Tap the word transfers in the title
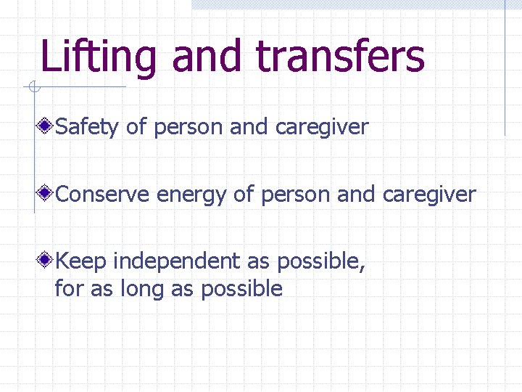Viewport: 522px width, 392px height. tap(340, 57)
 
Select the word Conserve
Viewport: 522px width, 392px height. tap(103, 195)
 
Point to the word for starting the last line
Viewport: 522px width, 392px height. tap(69, 289)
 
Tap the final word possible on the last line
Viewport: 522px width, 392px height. tap(241, 289)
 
